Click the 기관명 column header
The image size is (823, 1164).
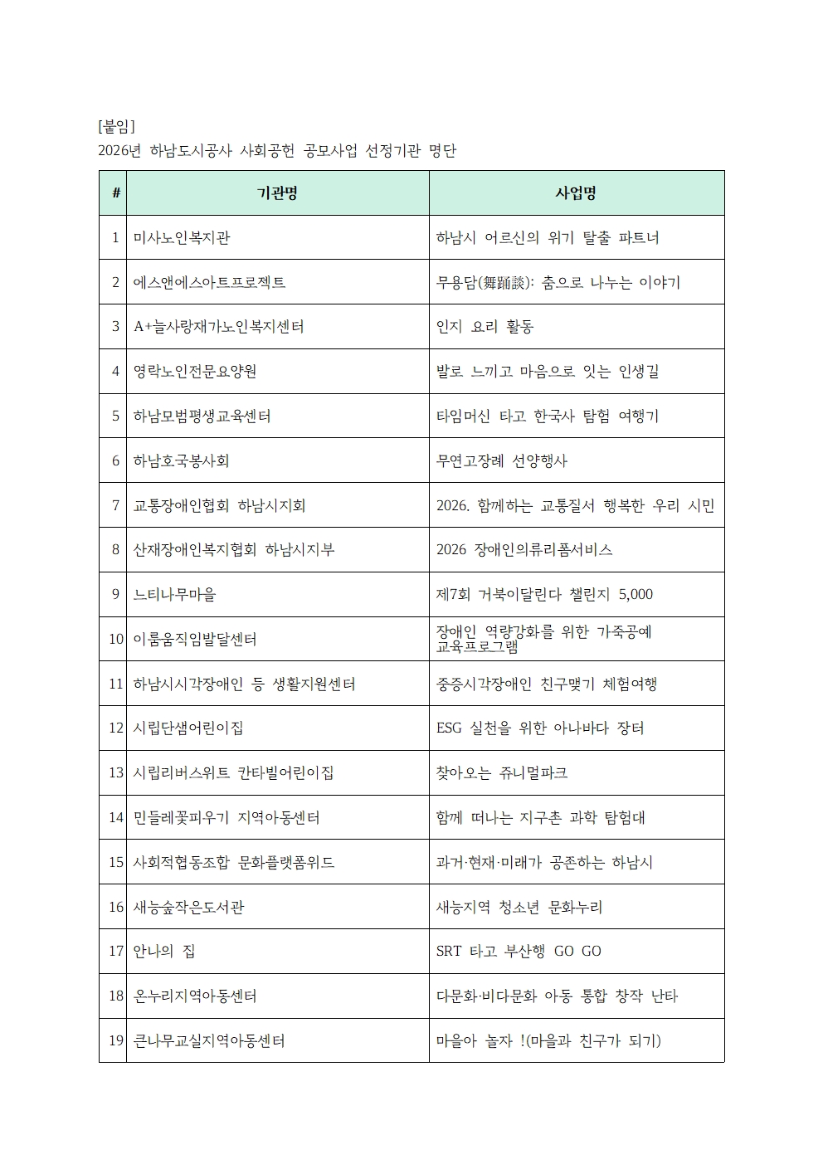click(x=277, y=193)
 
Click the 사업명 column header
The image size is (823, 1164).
click(x=576, y=193)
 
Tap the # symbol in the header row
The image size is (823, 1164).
click(x=115, y=193)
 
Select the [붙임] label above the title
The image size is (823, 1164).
click(x=116, y=126)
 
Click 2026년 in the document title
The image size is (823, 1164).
click(x=119, y=150)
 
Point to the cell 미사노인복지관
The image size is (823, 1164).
click(x=182, y=238)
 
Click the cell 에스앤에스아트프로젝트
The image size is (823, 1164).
click(x=209, y=283)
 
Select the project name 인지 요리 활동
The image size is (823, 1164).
click(x=485, y=327)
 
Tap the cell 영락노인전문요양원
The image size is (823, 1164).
click(x=195, y=372)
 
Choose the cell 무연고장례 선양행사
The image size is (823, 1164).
click(x=502, y=460)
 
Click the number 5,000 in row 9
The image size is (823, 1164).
click(x=636, y=595)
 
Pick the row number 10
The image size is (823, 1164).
click(x=116, y=640)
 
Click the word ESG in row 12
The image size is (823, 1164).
click(x=449, y=728)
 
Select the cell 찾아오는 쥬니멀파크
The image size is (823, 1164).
click(x=501, y=773)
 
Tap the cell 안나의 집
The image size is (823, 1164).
click(x=164, y=952)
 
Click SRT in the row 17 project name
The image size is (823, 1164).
click(x=449, y=952)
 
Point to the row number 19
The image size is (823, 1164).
click(x=116, y=1040)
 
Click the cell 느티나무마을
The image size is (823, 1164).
click(x=174, y=595)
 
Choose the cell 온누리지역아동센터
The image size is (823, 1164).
click(x=195, y=996)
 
